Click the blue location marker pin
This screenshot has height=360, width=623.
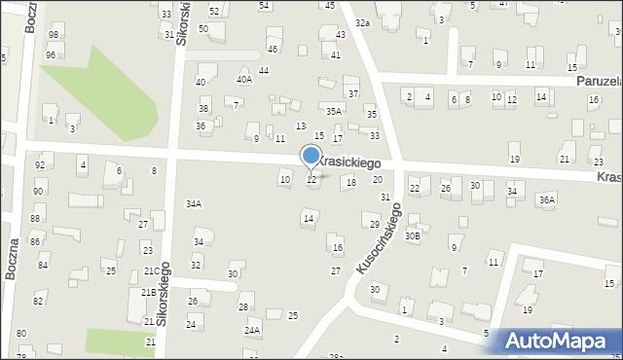(x=311, y=157)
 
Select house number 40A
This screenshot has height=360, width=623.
(x=243, y=80)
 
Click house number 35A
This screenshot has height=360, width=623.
(x=334, y=112)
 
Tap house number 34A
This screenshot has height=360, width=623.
(x=194, y=203)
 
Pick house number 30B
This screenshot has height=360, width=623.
(x=414, y=234)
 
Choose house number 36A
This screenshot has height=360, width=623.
(x=547, y=199)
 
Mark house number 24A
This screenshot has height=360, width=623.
(x=252, y=331)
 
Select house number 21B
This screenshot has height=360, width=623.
(x=148, y=292)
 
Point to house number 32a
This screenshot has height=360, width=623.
(x=362, y=22)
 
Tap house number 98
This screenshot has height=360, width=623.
(x=53, y=35)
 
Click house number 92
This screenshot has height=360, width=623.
(x=40, y=165)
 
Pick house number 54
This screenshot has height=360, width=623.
(x=264, y=6)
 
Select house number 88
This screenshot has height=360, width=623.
(x=35, y=219)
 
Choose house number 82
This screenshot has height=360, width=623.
(x=39, y=302)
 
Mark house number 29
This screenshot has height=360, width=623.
(x=375, y=225)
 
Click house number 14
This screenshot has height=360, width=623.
(x=309, y=219)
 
